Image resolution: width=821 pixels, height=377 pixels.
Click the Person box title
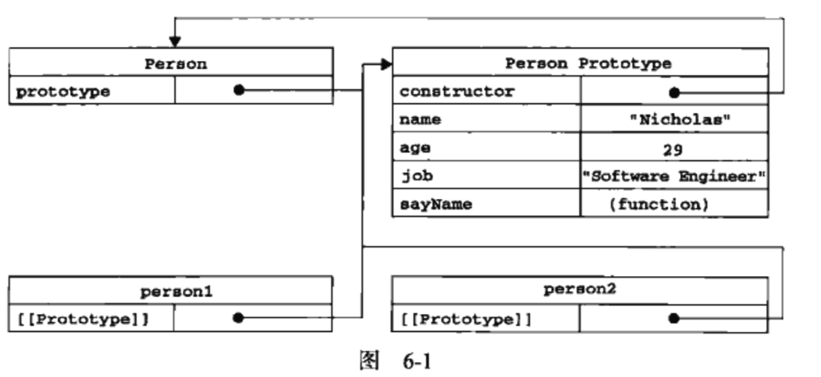tap(175, 63)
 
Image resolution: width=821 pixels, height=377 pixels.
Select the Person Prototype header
tap(588, 63)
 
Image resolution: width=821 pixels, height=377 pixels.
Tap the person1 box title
tap(176, 292)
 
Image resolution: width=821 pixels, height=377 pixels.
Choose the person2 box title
tap(580, 290)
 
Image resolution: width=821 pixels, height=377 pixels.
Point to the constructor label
tap(456, 91)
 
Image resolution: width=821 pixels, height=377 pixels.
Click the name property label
tap(420, 119)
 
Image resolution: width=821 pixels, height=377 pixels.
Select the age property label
tap(415, 148)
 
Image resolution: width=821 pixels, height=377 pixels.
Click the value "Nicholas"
tap(674, 119)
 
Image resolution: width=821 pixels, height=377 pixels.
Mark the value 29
tap(673, 148)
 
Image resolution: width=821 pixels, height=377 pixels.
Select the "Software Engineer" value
tap(674, 177)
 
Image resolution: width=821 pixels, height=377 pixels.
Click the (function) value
tap(658, 204)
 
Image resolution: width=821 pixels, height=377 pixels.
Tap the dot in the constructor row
tap(674, 93)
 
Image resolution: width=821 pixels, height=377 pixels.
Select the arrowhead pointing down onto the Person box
tap(174, 42)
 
